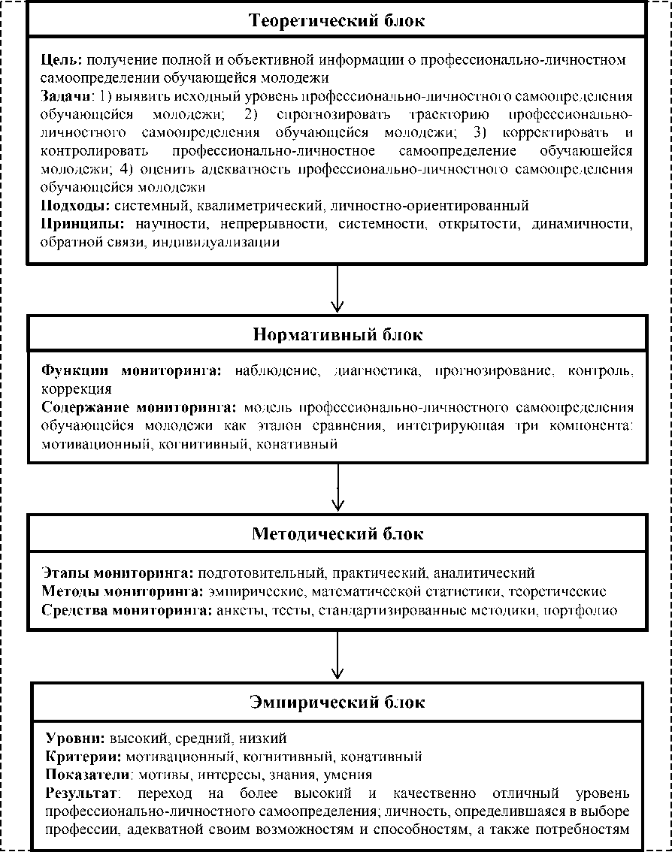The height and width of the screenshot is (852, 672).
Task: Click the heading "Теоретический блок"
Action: pyautogui.click(x=337, y=20)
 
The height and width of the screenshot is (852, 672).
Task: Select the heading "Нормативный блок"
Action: pyautogui.click(x=337, y=335)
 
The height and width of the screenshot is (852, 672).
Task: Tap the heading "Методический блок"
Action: pyautogui.click(x=337, y=534)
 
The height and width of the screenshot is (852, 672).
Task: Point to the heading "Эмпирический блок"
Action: pyautogui.click(x=337, y=702)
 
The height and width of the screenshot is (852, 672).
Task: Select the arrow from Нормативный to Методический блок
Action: pyautogui.click(x=338, y=489)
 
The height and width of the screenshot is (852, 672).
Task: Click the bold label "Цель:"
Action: pyautogui.click(x=63, y=59)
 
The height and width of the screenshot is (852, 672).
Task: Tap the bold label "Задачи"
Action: pyautogui.click(x=66, y=97)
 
